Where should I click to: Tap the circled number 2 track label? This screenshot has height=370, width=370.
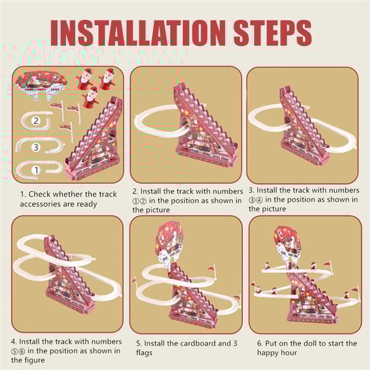pos(36,121)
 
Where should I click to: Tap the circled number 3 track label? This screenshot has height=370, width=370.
pos(36,147)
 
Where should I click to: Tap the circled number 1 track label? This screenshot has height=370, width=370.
pos(36,170)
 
